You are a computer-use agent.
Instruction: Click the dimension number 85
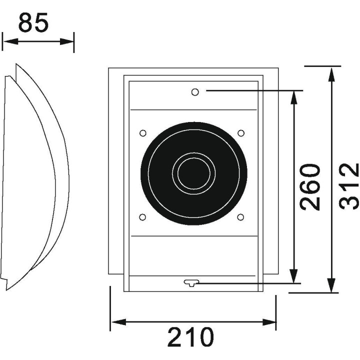34,23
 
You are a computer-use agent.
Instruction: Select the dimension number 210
190,337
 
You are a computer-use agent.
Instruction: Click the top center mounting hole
195,91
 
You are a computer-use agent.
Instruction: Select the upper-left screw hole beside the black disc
142,133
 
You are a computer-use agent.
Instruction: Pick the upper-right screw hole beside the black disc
240,133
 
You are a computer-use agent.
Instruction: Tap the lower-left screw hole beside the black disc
142,217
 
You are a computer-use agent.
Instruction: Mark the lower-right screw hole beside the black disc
240,217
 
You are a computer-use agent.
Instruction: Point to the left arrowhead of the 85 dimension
6,41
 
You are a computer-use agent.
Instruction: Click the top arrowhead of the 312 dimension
331,71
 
